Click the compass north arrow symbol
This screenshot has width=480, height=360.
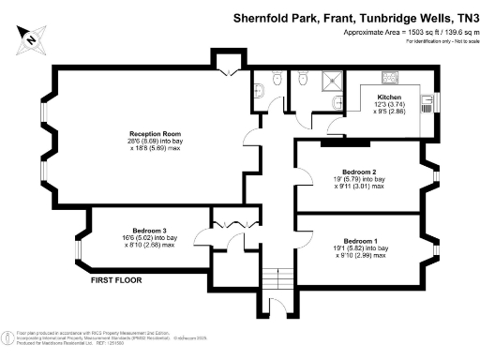pyautogui.click(x=29, y=38)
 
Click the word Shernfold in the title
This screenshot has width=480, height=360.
pyautogui.click(x=262, y=17)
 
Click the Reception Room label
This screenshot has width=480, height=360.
pyautogui.click(x=154, y=134)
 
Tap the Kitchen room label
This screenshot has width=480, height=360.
pyautogui.click(x=390, y=97)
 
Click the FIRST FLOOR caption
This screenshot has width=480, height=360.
pyautogui.click(x=116, y=280)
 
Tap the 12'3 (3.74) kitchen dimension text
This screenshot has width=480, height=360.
pyautogui.click(x=390, y=103)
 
